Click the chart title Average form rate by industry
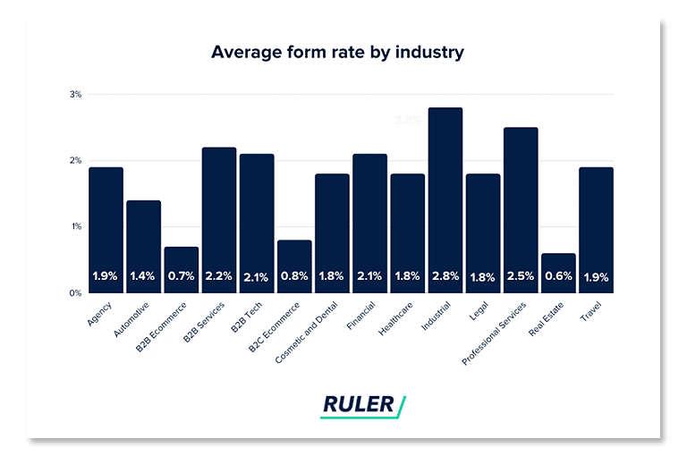pyautogui.click(x=337, y=52)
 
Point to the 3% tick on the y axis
pyautogui.click(x=76, y=94)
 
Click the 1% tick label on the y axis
pyautogui.click(x=76, y=226)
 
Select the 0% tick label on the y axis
pyautogui.click(x=76, y=292)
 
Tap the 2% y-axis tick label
pyautogui.click(x=76, y=160)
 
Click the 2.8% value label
pyautogui.click(x=445, y=277)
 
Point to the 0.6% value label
pyautogui.click(x=558, y=277)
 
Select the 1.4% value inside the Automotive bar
pyautogui.click(x=143, y=277)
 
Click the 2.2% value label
pyautogui.click(x=218, y=277)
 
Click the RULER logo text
pyautogui.click(x=358, y=404)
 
